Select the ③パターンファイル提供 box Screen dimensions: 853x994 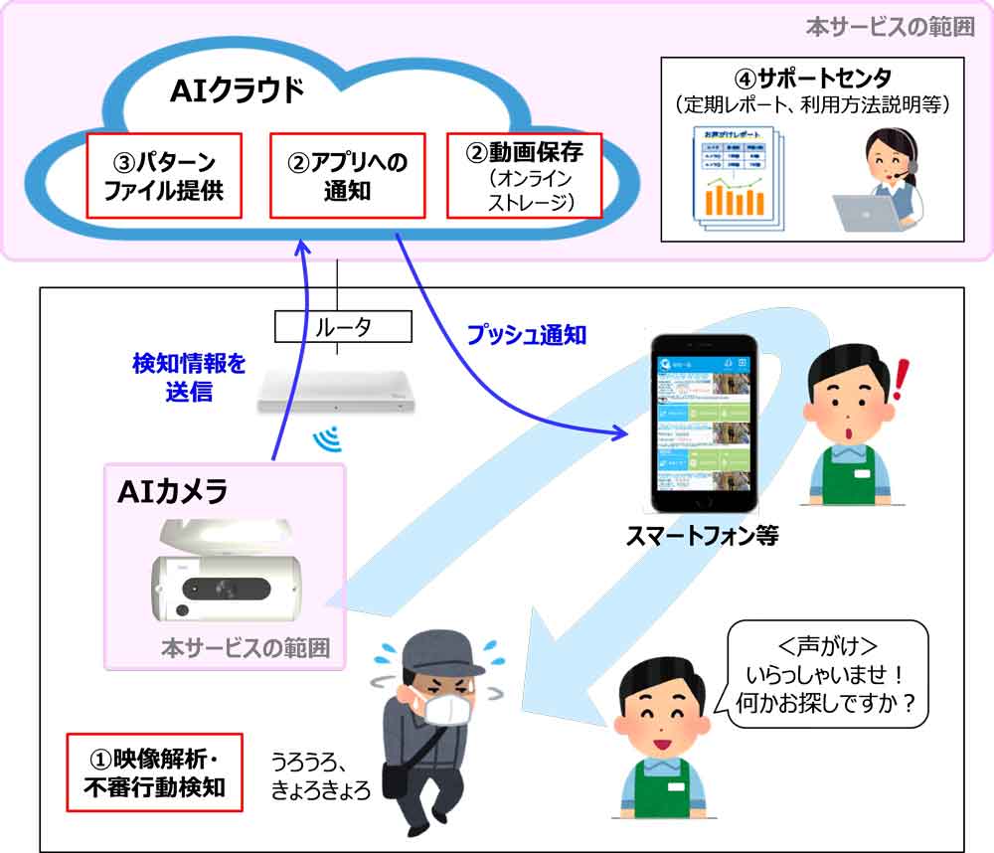pyautogui.click(x=164, y=176)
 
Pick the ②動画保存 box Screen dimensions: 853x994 pyautogui.click(x=524, y=176)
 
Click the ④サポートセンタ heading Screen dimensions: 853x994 pyautogui.click(x=812, y=78)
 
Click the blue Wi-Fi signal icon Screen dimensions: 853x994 pyautogui.click(x=326, y=438)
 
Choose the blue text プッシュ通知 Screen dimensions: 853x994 pyautogui.click(x=526, y=335)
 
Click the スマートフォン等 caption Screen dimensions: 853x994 pyautogui.click(x=702, y=537)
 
